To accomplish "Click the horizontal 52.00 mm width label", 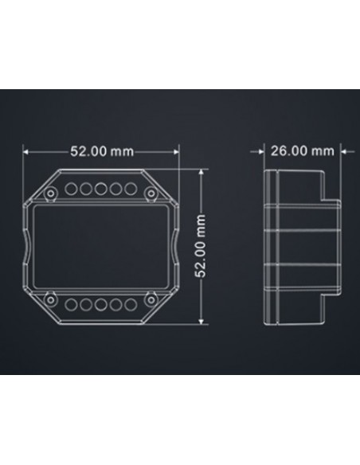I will [x=101, y=151].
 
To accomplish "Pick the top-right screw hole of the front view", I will [x=152, y=193].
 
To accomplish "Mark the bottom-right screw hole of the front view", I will [x=152, y=299].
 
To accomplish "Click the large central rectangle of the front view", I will [x=101, y=246].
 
